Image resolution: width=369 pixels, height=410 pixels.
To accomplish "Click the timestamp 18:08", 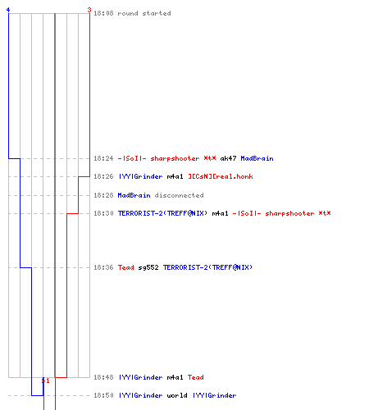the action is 103,13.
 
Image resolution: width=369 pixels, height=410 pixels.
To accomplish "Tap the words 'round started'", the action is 144,13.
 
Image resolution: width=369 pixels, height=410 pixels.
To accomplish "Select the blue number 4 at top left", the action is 8,10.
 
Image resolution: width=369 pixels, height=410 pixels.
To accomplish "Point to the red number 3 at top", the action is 89,10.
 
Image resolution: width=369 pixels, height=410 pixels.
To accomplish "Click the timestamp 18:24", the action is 103,158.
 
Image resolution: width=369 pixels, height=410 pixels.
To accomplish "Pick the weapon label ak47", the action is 228,158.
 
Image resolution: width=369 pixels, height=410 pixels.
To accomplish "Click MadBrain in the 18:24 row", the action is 257,158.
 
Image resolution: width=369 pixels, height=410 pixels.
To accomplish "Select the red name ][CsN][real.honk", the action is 221,176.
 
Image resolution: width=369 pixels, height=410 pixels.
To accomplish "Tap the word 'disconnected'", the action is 179,195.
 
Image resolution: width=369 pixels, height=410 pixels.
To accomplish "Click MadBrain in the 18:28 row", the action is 134,195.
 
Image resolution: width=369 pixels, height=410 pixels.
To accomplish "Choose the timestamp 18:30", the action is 103,213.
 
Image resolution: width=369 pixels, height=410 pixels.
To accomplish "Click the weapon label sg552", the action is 148,267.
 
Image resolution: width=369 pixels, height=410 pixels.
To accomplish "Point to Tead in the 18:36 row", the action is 126,267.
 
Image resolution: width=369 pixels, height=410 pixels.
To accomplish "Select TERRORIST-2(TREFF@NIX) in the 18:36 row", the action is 207,267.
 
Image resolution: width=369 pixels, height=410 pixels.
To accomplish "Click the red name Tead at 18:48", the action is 196,377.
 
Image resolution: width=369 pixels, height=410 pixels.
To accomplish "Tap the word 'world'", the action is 177,395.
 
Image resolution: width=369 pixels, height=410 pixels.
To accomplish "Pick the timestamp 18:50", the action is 103,395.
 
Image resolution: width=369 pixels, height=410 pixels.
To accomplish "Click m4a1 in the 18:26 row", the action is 175,176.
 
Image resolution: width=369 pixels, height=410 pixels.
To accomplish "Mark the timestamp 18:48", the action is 103,377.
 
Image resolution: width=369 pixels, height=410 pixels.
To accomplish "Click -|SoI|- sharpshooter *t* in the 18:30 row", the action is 281,213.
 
